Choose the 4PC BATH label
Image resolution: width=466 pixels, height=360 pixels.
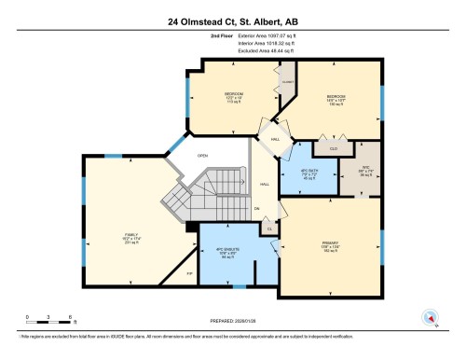pos(308,172)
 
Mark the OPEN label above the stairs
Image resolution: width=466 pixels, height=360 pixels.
pos(200,156)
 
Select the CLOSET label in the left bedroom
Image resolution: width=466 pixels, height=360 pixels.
pos(288,81)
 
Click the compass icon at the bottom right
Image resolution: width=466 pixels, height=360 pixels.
pos(432,316)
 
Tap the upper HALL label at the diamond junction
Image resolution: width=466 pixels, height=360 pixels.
pos(275,139)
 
